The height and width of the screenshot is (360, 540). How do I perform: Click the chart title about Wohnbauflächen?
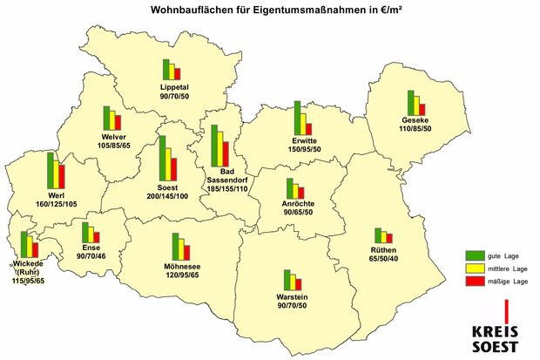tap(269, 10)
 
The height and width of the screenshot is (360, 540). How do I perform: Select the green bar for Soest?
tap(163, 157)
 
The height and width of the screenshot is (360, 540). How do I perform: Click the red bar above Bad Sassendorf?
tap(226, 154)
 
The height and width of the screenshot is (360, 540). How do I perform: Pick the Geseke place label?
tap(414, 119)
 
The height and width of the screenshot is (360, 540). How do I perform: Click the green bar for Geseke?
tap(409, 102)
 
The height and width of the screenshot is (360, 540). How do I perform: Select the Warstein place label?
tap(293, 297)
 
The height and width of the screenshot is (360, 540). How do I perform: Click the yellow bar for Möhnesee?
tap(180, 248)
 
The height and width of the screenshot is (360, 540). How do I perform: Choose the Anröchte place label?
tap(298, 203)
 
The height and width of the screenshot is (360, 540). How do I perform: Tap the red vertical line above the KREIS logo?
tap(506, 310)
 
